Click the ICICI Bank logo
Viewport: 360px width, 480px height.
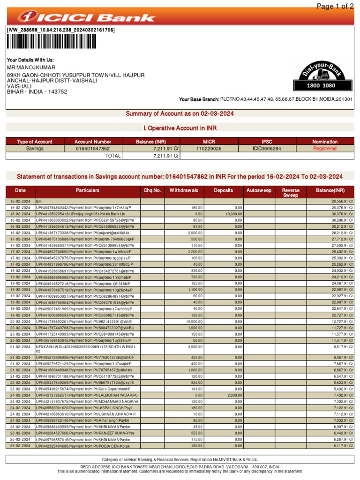tap(86, 17)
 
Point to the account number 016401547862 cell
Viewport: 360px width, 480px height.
tap(93, 149)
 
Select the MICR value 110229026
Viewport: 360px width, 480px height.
tap(209, 149)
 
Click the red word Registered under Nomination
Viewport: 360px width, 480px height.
tap(325, 149)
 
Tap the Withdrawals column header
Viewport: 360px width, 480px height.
tap(184, 190)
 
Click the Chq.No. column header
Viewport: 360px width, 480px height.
tap(152, 190)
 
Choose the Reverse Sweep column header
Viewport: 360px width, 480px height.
tap(291, 193)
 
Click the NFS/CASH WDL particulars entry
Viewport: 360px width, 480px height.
tap(87, 348)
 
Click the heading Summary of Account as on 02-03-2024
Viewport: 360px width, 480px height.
tap(180, 114)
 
